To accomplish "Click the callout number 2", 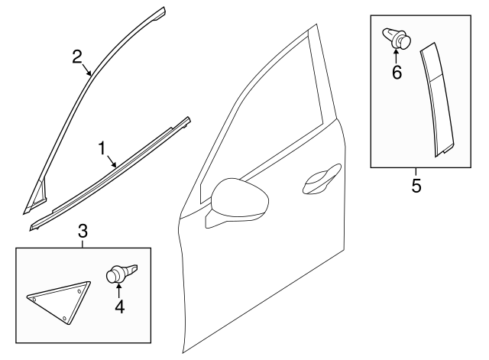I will click(x=76, y=55).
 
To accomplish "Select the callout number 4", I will click(x=119, y=306).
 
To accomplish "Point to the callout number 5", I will click(x=416, y=186).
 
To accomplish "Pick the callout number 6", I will click(x=397, y=73).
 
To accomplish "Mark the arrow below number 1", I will click(x=112, y=161).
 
